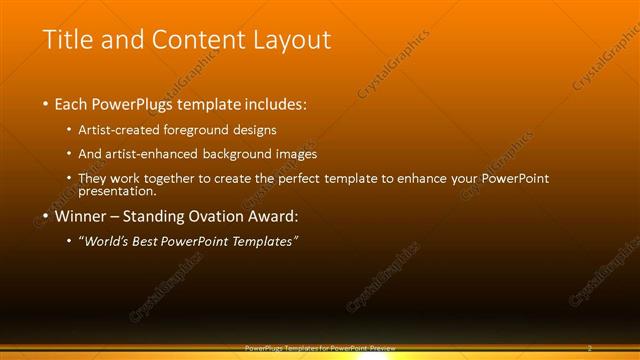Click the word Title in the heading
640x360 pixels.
(66, 40)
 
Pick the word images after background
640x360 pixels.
(295, 154)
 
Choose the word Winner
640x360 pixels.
(81, 216)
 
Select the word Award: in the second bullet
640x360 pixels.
(275, 216)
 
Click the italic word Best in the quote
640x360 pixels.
(151, 242)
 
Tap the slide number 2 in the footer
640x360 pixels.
(590, 348)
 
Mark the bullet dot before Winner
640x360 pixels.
(45, 216)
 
